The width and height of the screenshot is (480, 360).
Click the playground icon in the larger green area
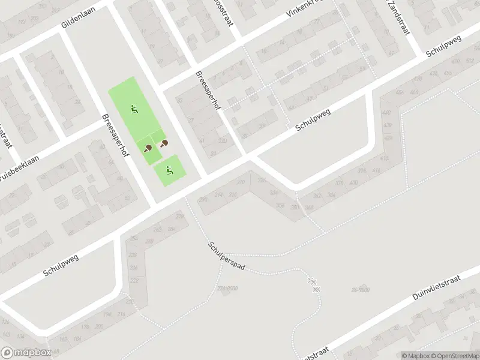point(134,110)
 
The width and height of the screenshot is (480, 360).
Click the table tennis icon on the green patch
point(148,148)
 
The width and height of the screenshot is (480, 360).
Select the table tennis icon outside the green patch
point(163,143)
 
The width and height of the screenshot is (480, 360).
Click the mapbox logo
point(25,353)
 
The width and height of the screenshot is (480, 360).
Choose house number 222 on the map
point(134,281)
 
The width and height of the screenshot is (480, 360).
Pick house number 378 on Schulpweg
point(340,184)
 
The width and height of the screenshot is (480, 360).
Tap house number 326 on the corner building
point(261,181)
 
